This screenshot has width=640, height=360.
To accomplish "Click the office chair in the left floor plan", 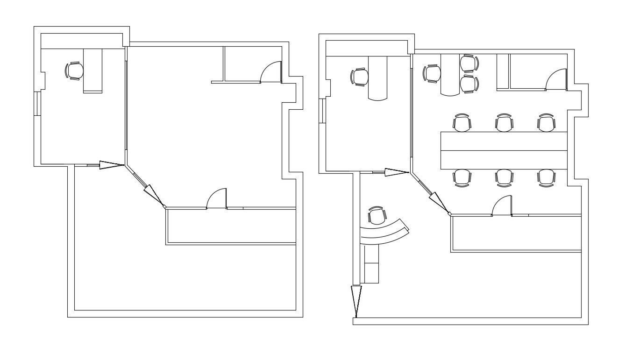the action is pyautogui.click(x=74, y=71).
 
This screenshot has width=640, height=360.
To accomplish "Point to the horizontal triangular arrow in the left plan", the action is pyautogui.click(x=111, y=165).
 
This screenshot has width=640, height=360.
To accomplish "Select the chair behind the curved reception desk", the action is pyautogui.click(x=377, y=216).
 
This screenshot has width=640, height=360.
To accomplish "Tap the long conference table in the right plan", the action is pyautogui.click(x=504, y=150).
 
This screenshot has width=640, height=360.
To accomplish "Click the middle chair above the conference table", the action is pyautogui.click(x=504, y=123).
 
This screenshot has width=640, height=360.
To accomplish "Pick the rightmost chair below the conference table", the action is pyautogui.click(x=546, y=177).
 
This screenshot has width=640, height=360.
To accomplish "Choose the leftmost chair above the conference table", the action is pyautogui.click(x=462, y=123).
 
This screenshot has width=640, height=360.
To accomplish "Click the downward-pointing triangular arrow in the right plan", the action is pyautogui.click(x=356, y=300).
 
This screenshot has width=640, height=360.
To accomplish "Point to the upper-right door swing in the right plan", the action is pyautogui.click(x=556, y=79).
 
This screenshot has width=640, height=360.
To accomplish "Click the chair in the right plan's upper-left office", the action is pyautogui.click(x=359, y=77).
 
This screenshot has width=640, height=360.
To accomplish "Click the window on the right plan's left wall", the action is pyautogui.click(x=322, y=111).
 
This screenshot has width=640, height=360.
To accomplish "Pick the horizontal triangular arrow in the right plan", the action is pyautogui.click(x=397, y=172).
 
